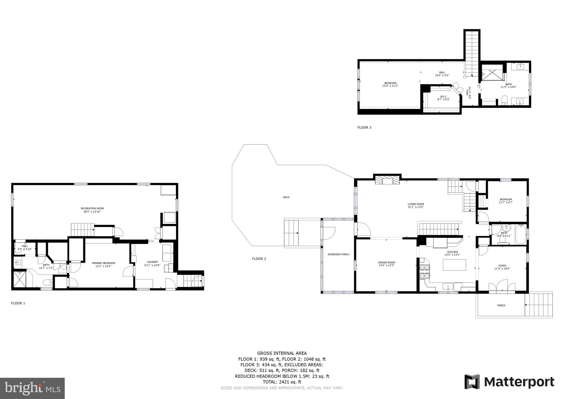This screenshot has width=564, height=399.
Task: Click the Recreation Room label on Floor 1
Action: point(92,208)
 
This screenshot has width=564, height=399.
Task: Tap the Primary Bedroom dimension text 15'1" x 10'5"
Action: point(103,266)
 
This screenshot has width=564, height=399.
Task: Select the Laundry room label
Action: point(152,262)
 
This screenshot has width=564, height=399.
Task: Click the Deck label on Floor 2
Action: point(286,197)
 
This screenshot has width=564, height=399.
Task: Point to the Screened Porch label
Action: point(338,254)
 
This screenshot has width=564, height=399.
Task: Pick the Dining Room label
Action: point(386,263)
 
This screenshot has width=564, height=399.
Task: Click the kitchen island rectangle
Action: point(454,265)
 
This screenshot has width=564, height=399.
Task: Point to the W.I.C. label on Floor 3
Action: point(443,96)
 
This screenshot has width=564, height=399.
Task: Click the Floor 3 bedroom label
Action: point(390,83)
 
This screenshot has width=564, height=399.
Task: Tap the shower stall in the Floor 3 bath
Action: point(492,72)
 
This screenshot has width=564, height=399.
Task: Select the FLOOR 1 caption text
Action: point(18,303)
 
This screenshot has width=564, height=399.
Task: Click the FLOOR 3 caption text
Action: point(364,127)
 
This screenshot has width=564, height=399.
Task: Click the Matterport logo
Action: point(509,382)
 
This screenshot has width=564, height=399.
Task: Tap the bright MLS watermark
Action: point(32,389)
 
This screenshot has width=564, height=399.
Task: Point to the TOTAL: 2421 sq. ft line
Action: point(282,382)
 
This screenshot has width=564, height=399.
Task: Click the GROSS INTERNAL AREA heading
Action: point(282,353)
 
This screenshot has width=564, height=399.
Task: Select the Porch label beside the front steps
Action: point(501,305)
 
